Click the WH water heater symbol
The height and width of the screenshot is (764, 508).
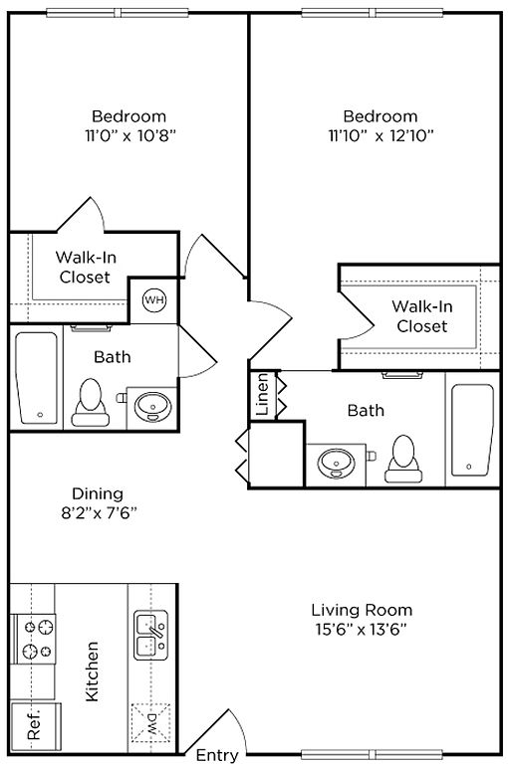tap(154, 300)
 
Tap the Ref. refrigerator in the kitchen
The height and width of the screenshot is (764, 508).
tap(36, 726)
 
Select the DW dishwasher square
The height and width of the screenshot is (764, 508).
tap(150, 722)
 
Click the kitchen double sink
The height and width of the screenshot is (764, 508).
tap(150, 636)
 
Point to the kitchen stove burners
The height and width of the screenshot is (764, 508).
tap(36, 639)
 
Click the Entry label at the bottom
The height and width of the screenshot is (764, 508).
tap(217, 755)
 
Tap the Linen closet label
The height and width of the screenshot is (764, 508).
tap(263, 394)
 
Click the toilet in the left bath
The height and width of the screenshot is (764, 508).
tap(91, 403)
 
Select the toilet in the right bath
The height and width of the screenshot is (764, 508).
tap(403, 459)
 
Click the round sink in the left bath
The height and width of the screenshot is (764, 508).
tap(153, 407)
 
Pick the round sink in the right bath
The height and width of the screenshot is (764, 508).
tap(337, 463)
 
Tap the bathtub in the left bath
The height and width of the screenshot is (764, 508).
tap(37, 378)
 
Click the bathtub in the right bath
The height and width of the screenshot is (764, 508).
tap(472, 430)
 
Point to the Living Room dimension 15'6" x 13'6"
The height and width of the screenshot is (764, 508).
tap(362, 630)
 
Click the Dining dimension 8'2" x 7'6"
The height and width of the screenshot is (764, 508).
tap(99, 513)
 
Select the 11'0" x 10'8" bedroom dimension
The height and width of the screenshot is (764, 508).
tap(130, 135)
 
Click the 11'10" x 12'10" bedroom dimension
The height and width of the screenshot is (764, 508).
tap(381, 135)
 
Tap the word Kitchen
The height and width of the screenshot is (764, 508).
tap(92, 671)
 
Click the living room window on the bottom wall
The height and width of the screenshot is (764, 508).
tap(372, 755)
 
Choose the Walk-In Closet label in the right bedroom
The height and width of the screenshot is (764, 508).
tap(422, 316)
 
